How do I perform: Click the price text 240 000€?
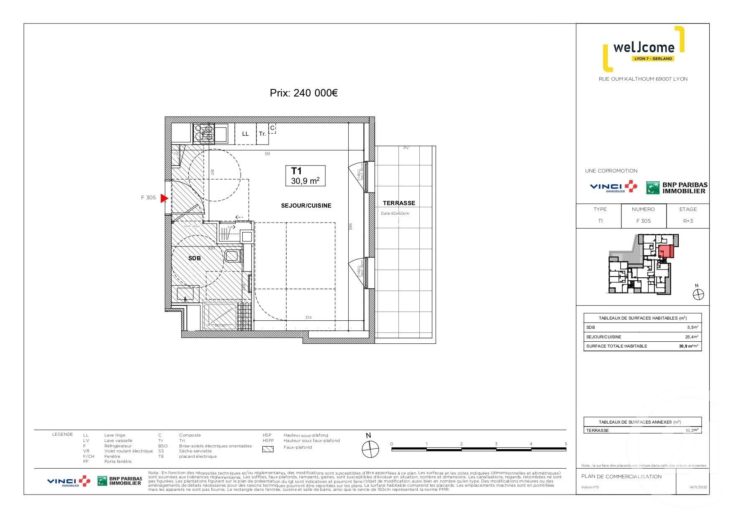304,93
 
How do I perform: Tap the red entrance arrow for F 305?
164,198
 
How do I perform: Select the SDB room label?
194,258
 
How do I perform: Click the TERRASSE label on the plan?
399,203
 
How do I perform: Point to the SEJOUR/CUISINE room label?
306,206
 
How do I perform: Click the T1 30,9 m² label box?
305,176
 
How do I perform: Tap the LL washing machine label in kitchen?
245,134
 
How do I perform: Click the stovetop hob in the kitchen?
204,134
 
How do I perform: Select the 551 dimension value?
267,154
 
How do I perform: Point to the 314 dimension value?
308,317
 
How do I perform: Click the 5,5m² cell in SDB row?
692,328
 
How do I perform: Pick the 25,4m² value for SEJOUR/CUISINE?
692,337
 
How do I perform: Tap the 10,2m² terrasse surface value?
692,430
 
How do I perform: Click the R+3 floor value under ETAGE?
687,221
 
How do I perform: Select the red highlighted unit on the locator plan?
665,252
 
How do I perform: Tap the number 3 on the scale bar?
496,444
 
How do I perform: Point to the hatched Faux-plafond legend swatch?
268,449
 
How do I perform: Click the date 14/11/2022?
697,487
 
